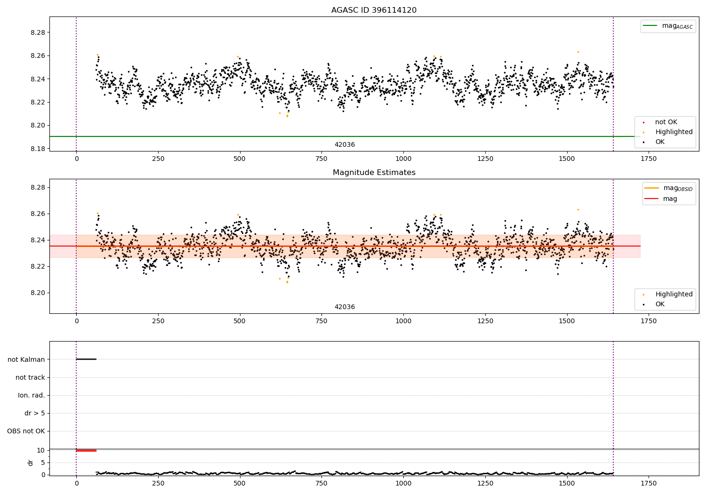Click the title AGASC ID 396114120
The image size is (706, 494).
click(x=374, y=10)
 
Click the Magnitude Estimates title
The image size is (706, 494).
click(x=374, y=173)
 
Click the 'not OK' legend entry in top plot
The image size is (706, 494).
click(x=666, y=122)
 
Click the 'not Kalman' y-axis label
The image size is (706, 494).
click(x=26, y=359)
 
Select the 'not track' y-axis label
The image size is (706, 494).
click(x=30, y=377)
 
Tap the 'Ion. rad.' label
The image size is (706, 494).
click(x=32, y=395)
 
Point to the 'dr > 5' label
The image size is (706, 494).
click(x=35, y=413)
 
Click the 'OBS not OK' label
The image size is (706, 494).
click(x=26, y=431)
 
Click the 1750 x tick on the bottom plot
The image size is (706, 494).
click(x=648, y=483)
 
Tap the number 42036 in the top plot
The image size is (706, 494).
click(x=345, y=145)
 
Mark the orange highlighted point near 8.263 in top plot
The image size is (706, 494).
click(x=578, y=52)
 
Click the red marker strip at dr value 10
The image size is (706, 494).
click(x=86, y=450)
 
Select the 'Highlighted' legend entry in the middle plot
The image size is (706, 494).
click(x=674, y=295)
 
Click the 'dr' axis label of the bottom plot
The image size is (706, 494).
click(x=31, y=462)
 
